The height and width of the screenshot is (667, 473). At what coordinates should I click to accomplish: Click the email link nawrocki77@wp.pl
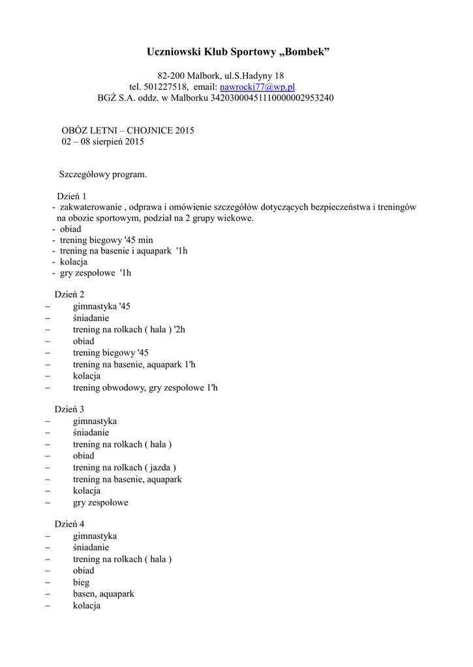pos(257,87)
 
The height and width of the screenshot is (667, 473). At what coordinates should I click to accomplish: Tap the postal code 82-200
pos(172,76)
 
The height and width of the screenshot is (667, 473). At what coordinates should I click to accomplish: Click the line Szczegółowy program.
pos(103,175)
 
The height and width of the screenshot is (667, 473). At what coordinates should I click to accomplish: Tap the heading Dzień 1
pos(72,196)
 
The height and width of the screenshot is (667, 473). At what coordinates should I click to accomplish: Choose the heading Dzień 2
pos(69,294)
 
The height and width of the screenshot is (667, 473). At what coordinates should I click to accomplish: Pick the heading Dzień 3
pos(69,410)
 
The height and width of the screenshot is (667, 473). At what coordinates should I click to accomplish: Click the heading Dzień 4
pos(69,524)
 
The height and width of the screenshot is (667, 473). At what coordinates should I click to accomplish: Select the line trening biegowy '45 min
pos(106,240)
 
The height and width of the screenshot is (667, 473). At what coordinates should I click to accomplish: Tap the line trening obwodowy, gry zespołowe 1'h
pos(145,388)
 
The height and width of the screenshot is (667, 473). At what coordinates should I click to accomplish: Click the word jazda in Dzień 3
pos(160,468)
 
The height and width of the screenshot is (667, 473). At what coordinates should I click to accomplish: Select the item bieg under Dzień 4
pos(81,582)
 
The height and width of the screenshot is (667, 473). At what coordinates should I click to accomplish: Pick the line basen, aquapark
pos(103,594)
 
